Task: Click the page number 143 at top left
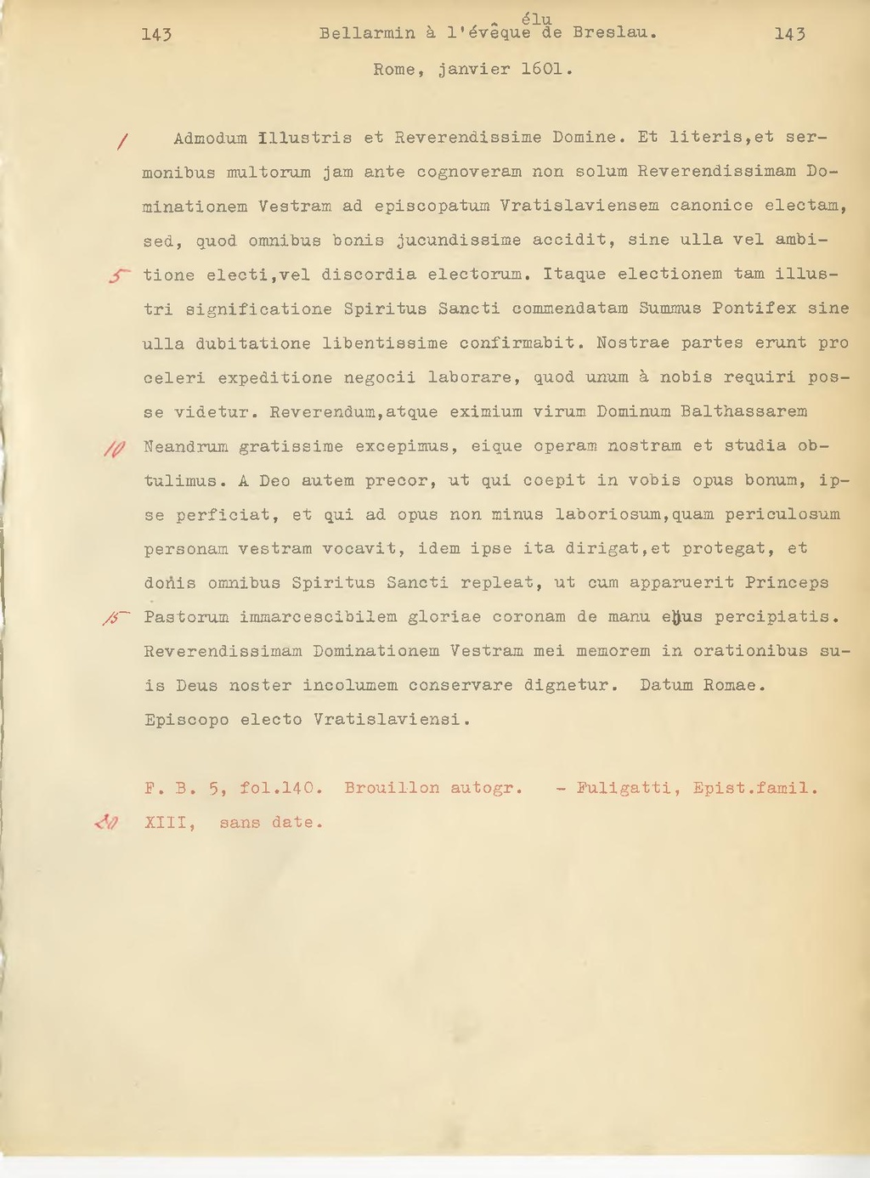tap(157, 34)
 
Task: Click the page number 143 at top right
tap(790, 34)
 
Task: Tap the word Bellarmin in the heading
tap(367, 34)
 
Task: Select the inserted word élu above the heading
tap(537, 20)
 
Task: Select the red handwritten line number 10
tap(115, 448)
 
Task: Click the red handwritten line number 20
tap(108, 822)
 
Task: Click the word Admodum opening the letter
tap(210, 138)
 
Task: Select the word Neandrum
tap(185, 447)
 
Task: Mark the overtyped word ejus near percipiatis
tap(681, 618)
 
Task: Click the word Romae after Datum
tap(734, 686)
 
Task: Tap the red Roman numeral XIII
tap(170, 823)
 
